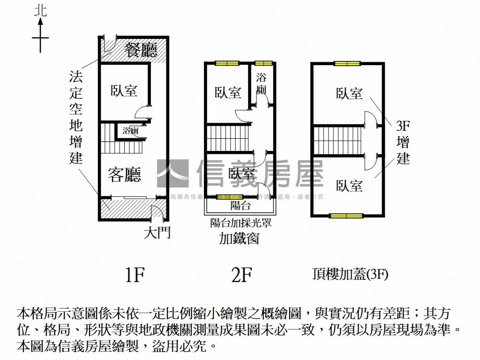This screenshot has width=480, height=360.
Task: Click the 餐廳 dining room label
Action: pos(141,49)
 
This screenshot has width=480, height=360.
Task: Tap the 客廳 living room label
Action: pos(124,175)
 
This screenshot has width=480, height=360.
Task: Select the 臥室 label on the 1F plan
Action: pos(124,90)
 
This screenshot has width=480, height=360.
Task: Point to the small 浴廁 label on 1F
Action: pos(130,131)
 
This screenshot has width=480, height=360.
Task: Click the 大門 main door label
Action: pos(157,233)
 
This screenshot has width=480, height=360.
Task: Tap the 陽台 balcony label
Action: pos(240,205)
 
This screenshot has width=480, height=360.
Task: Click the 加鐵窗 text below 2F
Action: pos(239,239)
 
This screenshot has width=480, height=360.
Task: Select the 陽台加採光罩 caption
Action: pos(240,223)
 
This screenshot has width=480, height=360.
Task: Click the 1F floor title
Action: pos(134,275)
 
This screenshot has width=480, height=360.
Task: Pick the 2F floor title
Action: pos(242,275)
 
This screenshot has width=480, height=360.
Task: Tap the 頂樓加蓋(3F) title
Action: pos(350,274)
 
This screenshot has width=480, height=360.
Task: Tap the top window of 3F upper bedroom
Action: pos(347,63)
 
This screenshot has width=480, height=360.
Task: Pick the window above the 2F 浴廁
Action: pos(263,63)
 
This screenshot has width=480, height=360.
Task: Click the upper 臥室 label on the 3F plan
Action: pos(349,94)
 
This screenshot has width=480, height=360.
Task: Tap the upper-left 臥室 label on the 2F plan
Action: pos(228,92)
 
